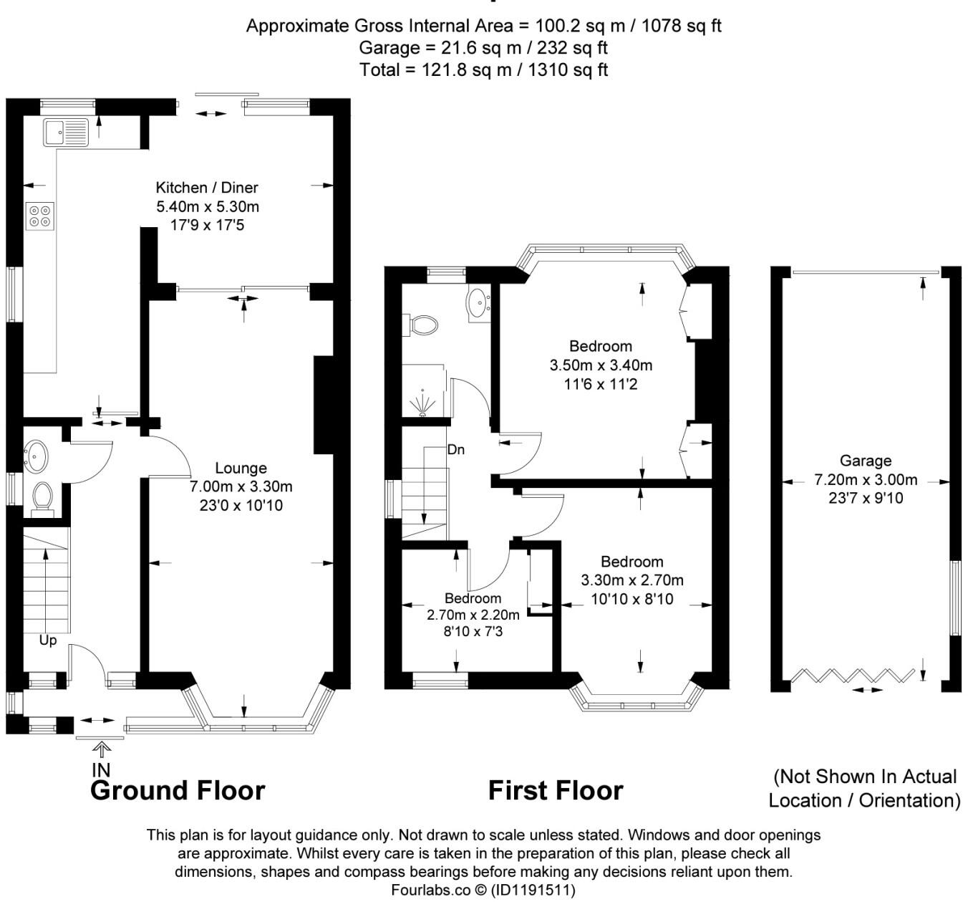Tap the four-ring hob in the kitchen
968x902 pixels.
click(40, 216)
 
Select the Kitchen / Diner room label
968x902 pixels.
click(207, 188)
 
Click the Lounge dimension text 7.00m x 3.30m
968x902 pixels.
click(241, 486)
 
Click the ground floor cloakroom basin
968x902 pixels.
click(36, 453)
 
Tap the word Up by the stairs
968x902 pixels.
click(48, 640)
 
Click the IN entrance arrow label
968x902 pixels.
click(102, 769)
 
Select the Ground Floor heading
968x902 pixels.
click(178, 790)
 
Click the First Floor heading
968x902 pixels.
click(556, 790)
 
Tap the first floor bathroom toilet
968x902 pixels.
click(422, 326)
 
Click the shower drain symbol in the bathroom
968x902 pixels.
click(423, 404)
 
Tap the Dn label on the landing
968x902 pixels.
click(456, 450)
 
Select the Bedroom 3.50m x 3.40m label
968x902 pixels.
click(601, 347)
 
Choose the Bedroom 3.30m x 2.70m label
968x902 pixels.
click(631, 562)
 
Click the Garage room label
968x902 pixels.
click(866, 461)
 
